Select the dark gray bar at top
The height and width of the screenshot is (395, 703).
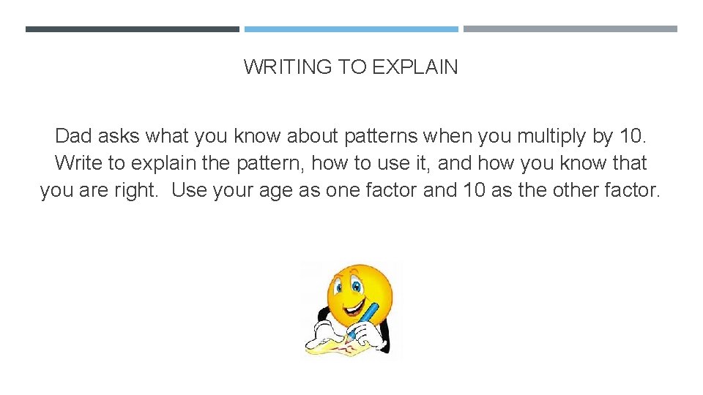[132, 29]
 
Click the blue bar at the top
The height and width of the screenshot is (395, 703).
[351, 29]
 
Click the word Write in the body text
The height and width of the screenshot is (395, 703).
[78, 163]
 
